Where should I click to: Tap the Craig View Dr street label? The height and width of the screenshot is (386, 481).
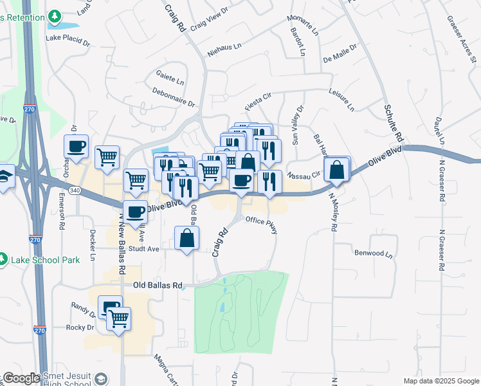tap(210, 19)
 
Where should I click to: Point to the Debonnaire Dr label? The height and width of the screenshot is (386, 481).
tap(173, 96)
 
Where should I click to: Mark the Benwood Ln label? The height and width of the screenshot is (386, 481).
tap(373, 253)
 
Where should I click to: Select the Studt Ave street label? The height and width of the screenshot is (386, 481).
tap(143, 248)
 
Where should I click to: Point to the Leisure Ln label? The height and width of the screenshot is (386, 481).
tap(341, 100)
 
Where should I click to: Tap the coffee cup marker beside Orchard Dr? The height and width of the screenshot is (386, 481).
tap(76, 147)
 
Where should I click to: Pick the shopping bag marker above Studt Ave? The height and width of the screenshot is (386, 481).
tap(186, 239)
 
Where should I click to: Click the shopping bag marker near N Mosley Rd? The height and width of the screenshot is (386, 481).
tap(337, 170)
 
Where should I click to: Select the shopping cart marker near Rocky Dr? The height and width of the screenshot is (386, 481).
tap(118, 318)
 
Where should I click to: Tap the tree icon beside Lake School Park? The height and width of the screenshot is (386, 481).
tap(5, 260)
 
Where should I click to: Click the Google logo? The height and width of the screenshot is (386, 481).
tap(21, 378)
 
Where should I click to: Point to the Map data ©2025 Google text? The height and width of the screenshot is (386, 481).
tap(440, 381)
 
